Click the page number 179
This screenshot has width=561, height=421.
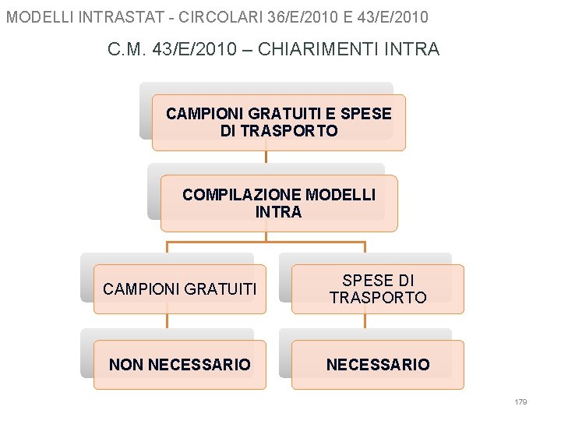click(x=521, y=402)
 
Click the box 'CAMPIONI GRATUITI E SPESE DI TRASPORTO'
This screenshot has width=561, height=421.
click(x=278, y=122)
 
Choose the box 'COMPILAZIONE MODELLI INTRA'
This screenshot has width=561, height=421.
click(x=278, y=203)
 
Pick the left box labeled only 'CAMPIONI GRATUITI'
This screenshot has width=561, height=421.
click(x=179, y=289)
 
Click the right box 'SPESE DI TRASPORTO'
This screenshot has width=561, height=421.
click(x=378, y=289)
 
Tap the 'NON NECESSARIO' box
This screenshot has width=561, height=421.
click(x=179, y=365)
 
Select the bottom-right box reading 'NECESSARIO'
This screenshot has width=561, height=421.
click(x=378, y=365)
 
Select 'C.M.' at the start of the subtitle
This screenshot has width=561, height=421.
click(x=125, y=49)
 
